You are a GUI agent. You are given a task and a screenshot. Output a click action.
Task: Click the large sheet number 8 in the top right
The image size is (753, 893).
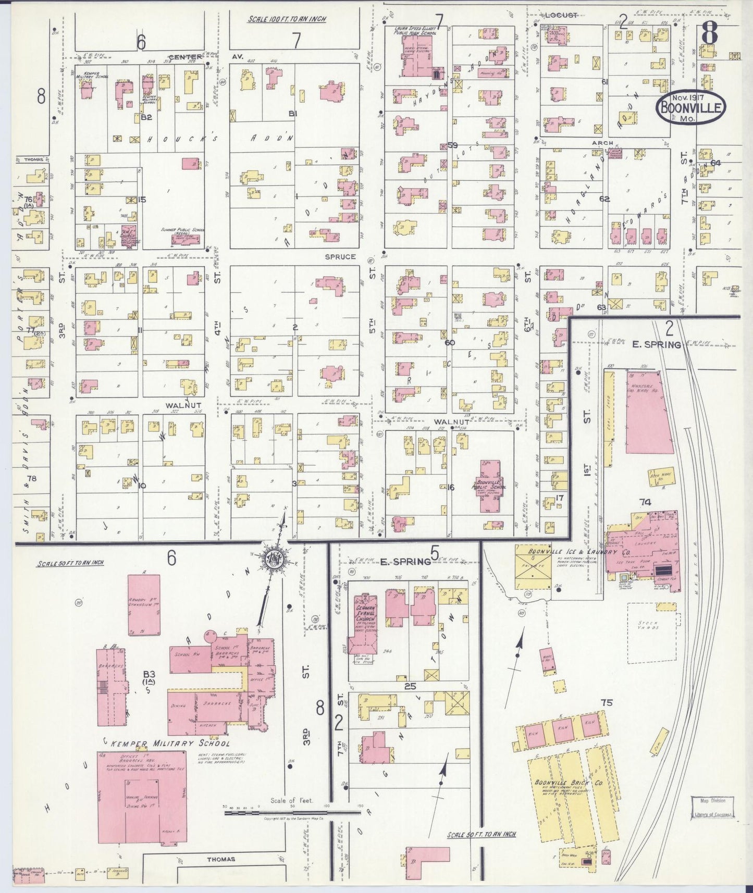[710, 35]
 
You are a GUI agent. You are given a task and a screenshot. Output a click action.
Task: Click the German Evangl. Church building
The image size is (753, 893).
[366, 613]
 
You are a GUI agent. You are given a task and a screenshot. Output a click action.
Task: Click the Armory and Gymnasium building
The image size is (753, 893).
[144, 604]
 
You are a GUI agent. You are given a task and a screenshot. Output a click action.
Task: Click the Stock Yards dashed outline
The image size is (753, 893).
[651, 632]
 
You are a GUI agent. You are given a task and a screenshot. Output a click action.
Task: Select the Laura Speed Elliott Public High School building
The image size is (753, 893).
[415, 66]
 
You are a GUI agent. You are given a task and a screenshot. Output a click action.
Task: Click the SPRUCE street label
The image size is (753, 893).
[340, 257]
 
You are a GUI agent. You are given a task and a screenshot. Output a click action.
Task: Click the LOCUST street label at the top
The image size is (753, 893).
[561, 15]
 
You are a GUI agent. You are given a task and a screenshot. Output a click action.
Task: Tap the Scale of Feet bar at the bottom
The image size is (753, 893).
[292, 812]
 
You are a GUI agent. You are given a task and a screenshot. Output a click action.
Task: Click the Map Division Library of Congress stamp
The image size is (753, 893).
[712, 808]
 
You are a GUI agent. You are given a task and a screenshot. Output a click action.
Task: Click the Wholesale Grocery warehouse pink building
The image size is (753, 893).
[645, 412]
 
